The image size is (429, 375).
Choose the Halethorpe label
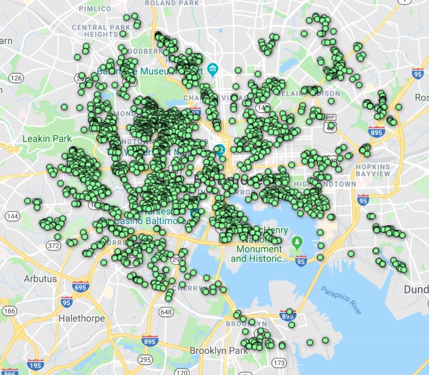point(82,319)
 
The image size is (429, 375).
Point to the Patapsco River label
point(341,299)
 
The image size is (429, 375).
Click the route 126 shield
point(16,78)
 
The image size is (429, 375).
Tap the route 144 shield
point(12,216)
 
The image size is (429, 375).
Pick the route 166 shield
point(9,311)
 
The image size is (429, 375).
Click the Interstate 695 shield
point(81,288)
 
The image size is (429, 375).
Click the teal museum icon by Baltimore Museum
point(212,69)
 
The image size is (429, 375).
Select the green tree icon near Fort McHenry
point(298,242)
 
